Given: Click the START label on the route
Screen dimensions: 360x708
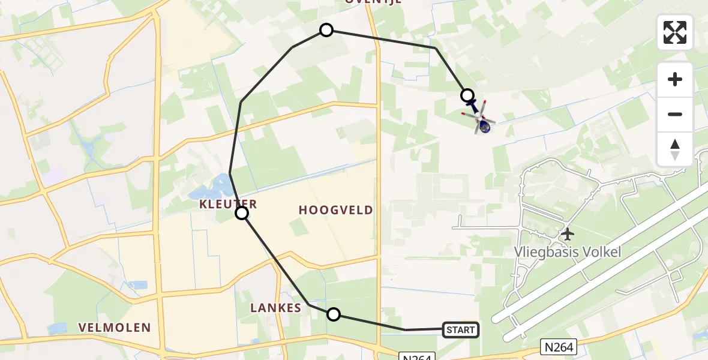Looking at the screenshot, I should click(461, 329).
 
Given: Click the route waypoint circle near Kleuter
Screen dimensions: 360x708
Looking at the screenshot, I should click(242, 213).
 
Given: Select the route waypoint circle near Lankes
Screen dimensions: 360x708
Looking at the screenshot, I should click(334, 314).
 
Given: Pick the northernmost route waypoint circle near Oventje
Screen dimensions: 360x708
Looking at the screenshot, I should click(326, 30).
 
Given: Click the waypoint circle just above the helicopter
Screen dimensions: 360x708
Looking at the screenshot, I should click(467, 95).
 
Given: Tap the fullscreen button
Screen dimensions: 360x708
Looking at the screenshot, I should click(675, 32).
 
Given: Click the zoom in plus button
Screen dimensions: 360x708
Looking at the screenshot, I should click(675, 79).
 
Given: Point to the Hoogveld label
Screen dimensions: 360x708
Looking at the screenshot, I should click(335, 210).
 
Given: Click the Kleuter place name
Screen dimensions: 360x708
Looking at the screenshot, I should click(229, 204).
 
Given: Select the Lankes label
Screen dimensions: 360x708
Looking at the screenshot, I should click(276, 308).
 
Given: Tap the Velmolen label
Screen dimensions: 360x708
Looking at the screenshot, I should click(114, 328).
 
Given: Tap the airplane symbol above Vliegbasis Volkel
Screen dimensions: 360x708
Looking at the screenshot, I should click(567, 233).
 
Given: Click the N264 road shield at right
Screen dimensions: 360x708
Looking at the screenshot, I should click(560, 346).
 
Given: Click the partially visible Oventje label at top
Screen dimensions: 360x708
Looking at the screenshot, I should click(373, 2).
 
